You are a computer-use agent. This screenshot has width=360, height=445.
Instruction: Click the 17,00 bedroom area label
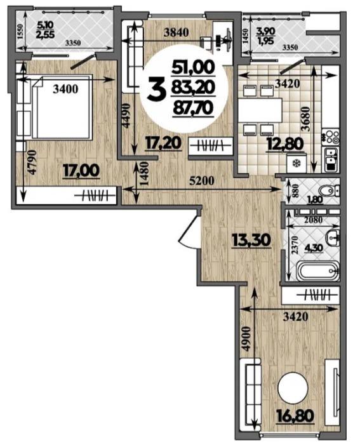tap(81, 171)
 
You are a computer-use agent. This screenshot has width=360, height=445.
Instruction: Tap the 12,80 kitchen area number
tap(284, 144)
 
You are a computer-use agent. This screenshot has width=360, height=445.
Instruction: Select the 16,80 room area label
tap(296, 416)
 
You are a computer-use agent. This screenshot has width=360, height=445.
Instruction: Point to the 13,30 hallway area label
tap(251, 241)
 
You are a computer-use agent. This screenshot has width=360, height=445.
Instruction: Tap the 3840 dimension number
tap(176, 32)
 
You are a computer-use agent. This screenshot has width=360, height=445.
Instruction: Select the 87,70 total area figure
tap(193, 108)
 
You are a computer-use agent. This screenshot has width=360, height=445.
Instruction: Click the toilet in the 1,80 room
tap(330, 190)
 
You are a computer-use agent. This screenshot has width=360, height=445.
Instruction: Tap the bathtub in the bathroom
tap(317, 271)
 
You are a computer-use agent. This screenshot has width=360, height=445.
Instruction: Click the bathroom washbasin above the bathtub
tap(333, 238)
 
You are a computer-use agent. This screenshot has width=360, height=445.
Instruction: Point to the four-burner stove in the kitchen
tap(331, 136)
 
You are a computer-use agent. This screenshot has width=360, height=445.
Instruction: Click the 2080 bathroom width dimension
tap(312, 220)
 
